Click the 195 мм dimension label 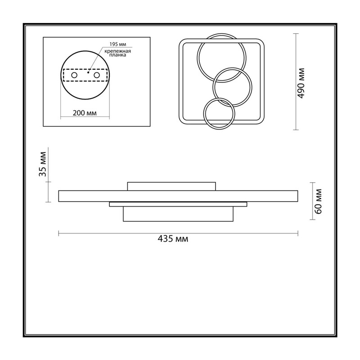[x=118, y=44]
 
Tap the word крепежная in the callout [x=117, y=51]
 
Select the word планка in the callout [x=117, y=55]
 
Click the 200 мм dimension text [x=85, y=113]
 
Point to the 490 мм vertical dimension [x=301, y=83]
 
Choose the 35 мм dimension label [x=43, y=164]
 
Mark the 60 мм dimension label [x=318, y=201]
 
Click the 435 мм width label [x=173, y=239]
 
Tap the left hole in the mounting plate [x=74, y=75]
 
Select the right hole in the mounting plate [x=97, y=75]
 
